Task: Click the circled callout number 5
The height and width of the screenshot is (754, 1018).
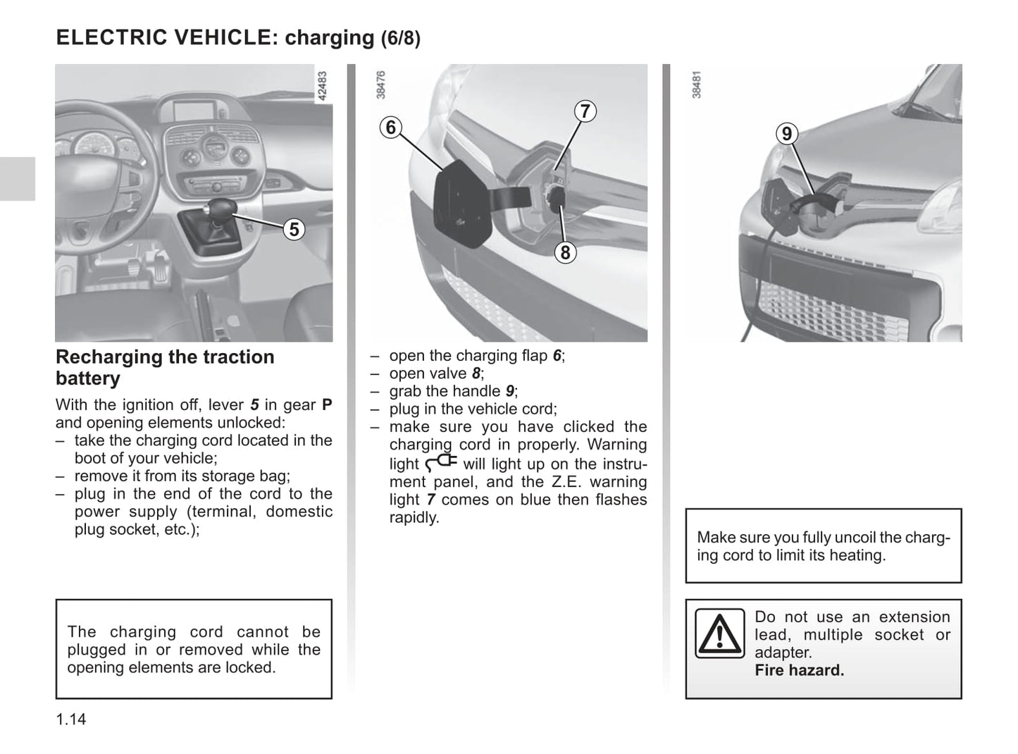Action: pyautogui.click(x=294, y=229)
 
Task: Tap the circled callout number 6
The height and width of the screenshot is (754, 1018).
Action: pyautogui.click(x=391, y=128)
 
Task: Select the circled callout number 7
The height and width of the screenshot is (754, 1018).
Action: pyautogui.click(x=585, y=111)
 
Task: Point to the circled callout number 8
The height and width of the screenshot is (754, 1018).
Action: pyautogui.click(x=565, y=252)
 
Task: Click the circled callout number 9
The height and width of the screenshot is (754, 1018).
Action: pyautogui.click(x=786, y=133)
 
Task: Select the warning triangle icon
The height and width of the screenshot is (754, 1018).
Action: pyautogui.click(x=719, y=634)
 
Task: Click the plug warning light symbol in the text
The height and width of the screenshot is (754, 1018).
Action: pyautogui.click(x=442, y=462)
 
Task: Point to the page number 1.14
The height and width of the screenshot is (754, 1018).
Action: pyautogui.click(x=71, y=719)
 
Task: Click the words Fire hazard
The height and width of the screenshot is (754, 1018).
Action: pyautogui.click(x=799, y=670)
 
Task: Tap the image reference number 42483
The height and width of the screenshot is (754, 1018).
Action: pyautogui.click(x=323, y=86)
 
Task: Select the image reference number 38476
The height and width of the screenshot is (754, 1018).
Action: pyautogui.click(x=381, y=85)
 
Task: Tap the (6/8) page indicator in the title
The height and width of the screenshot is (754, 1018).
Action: pyautogui.click(x=401, y=38)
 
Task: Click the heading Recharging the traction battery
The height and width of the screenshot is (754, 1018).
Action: pyautogui.click(x=165, y=367)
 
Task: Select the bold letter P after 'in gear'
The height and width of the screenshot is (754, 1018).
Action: pyautogui.click(x=327, y=405)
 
